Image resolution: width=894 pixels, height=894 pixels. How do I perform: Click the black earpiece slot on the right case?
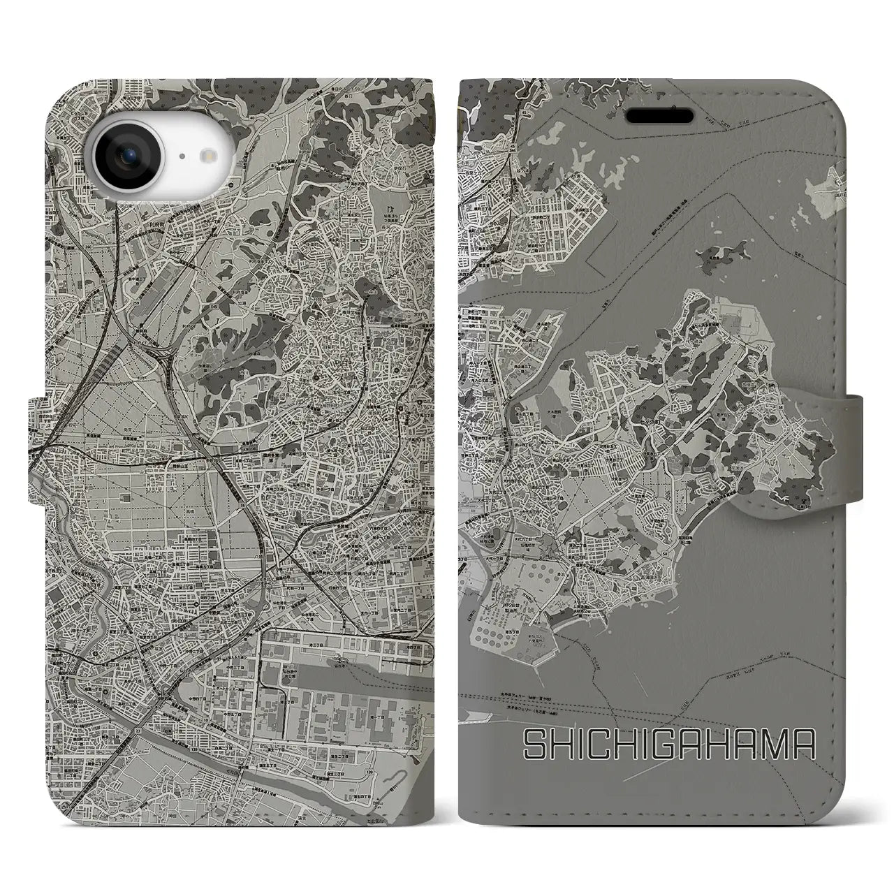[x=659, y=114]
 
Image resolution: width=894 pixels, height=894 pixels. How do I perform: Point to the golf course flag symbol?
[x=388, y=207]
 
